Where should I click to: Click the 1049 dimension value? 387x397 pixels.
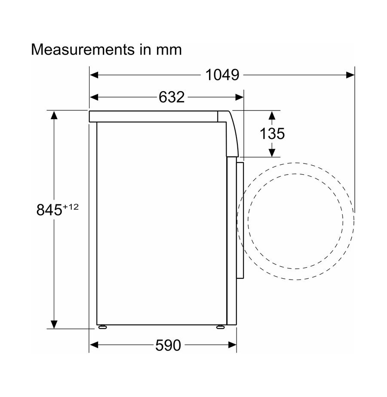click(x=222, y=75)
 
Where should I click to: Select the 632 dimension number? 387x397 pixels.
click(x=172, y=97)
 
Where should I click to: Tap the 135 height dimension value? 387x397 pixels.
click(x=272, y=133)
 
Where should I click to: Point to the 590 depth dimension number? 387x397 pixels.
click(x=168, y=345)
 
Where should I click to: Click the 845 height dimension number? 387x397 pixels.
click(x=49, y=210)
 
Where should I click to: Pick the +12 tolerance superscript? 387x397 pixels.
click(x=71, y=207)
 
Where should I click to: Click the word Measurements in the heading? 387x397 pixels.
click(x=83, y=49)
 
